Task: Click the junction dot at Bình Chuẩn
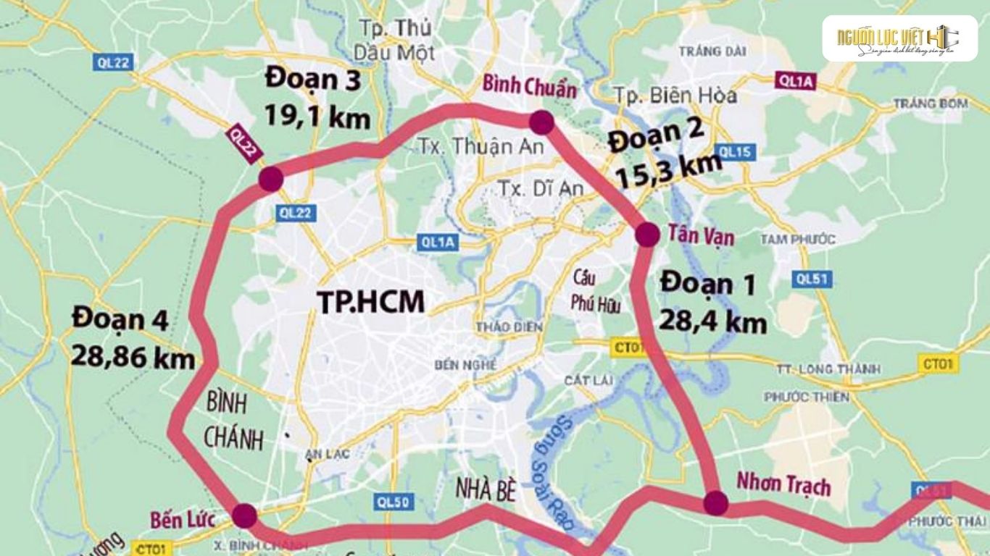click(541, 122)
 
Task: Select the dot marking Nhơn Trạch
click(715, 502)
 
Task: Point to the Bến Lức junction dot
click(244, 515)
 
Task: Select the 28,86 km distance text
click(133, 356)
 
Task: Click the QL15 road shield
click(736, 152)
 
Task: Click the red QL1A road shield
click(794, 81)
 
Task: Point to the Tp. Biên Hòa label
click(675, 96)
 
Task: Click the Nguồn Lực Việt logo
click(899, 38)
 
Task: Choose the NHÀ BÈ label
click(485, 490)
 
